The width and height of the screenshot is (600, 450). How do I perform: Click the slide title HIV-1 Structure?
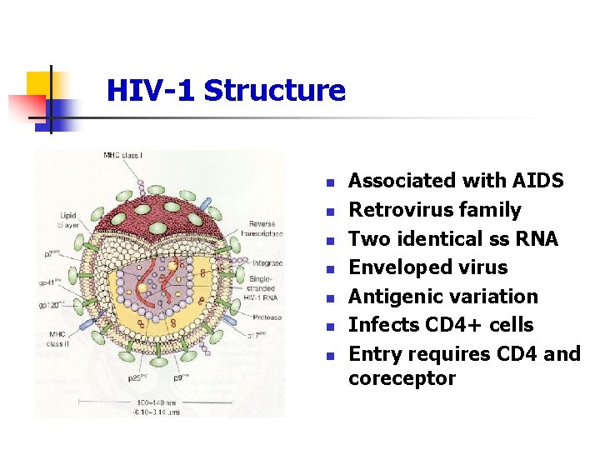click(x=226, y=90)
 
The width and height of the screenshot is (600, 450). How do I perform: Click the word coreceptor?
click(x=402, y=378)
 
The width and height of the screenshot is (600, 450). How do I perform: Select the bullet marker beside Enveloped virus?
click(x=330, y=269)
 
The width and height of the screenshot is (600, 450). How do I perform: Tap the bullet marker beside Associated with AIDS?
click(x=330, y=182)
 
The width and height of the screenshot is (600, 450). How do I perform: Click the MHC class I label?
click(x=123, y=155)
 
